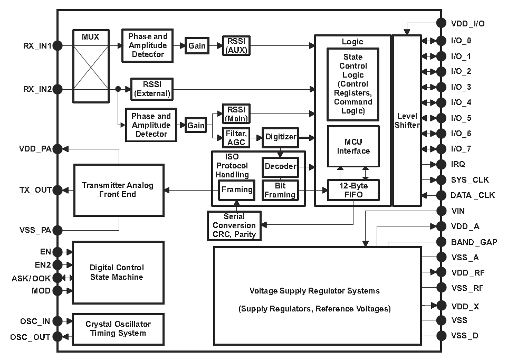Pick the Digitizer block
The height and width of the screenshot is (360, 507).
(x=280, y=137)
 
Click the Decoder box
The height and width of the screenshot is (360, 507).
(x=280, y=166)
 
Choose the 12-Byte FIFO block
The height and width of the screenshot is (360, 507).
(x=352, y=190)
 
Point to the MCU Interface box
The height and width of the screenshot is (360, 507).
(x=353, y=146)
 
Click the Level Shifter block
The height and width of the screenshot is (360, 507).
(x=407, y=120)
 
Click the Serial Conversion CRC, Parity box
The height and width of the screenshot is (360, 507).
(x=234, y=225)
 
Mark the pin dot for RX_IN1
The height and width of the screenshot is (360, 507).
(x=58, y=46)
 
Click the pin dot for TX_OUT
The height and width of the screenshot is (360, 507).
(x=58, y=190)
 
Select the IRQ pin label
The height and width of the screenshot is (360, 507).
(x=458, y=165)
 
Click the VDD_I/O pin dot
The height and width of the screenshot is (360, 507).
(x=441, y=23)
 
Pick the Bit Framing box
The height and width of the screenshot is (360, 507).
(x=280, y=191)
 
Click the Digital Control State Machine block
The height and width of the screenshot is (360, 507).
(x=117, y=272)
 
